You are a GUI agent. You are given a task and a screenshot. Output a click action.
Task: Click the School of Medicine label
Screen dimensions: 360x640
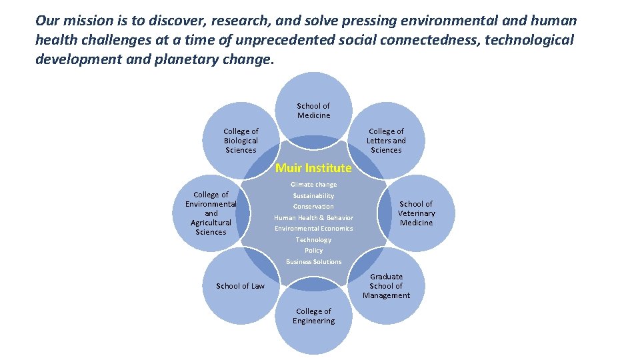(313, 111)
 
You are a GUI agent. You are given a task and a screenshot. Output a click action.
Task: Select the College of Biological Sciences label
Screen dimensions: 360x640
(241, 141)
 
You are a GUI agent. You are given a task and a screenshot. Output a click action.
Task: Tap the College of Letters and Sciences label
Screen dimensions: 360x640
(386, 141)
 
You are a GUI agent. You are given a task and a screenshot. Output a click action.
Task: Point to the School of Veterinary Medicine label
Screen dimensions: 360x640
(416, 213)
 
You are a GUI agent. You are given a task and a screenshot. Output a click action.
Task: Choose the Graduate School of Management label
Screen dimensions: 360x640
(386, 286)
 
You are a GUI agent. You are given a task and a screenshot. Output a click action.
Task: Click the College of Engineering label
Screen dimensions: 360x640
(313, 316)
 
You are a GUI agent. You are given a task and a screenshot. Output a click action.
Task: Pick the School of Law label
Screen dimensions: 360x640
(240, 286)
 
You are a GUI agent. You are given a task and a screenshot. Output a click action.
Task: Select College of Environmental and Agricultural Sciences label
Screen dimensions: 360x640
(211, 213)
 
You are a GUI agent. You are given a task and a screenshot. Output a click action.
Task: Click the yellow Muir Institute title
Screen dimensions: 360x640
(313, 168)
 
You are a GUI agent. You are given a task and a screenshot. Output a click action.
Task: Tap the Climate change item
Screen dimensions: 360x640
(313, 185)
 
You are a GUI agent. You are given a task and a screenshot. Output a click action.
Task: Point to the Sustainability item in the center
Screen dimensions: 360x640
(313, 196)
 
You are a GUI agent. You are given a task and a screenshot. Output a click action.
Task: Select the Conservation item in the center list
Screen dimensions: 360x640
(313, 207)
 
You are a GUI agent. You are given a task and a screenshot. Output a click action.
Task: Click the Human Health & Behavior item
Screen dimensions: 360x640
(313, 218)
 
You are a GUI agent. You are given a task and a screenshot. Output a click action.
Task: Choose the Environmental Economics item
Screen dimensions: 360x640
(313, 229)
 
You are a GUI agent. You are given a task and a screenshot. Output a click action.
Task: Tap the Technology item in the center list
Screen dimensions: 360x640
(313, 240)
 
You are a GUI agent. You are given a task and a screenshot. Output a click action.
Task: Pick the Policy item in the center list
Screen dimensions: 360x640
(313, 251)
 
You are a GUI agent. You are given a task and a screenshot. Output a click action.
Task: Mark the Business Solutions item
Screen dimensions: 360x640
(313, 262)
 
